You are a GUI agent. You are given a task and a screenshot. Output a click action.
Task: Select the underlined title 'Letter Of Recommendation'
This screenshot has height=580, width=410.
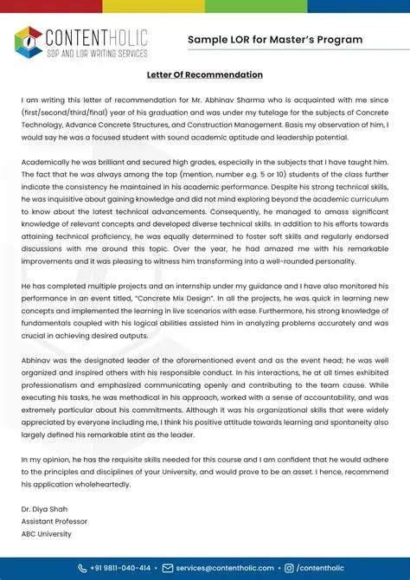point(204,75)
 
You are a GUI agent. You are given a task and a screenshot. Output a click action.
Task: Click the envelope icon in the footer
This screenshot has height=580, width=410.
point(169,568)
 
